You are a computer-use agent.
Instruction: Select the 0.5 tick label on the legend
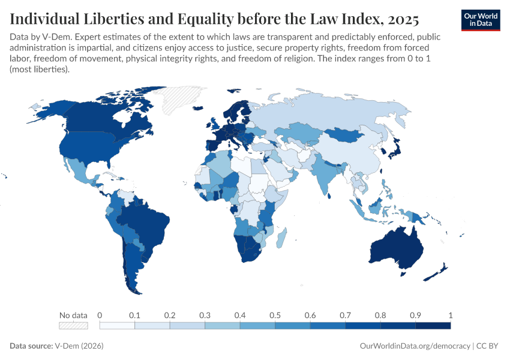pos(275,315)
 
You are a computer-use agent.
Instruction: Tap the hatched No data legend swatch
pos(73,326)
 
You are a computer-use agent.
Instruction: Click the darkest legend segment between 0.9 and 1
pos(433,326)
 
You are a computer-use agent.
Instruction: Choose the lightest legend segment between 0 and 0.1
pos(117,326)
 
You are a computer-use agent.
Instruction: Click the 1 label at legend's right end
pos(450,315)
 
